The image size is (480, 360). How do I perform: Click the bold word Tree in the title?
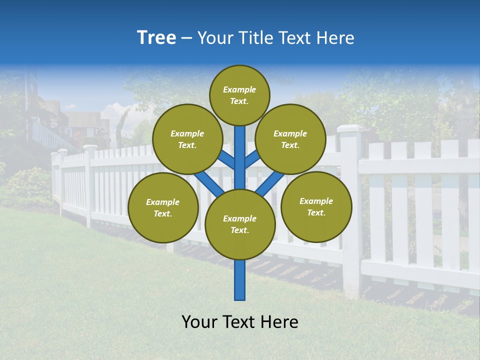point(156,38)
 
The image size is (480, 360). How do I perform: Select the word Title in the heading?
point(255,38)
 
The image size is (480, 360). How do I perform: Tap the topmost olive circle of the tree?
point(239,95)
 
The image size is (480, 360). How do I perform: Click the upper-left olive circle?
point(187,139)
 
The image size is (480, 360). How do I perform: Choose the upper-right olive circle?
point(290,139)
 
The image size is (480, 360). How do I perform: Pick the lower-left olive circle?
point(163,207)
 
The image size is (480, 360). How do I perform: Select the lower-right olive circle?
point(316,206)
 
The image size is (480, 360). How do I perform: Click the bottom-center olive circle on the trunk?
point(240,224)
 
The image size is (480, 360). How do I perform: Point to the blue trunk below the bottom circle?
point(240,280)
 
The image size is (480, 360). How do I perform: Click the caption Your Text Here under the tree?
point(240,322)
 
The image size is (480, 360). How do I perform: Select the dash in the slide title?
point(187,38)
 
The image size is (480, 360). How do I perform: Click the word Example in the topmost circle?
point(239,89)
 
